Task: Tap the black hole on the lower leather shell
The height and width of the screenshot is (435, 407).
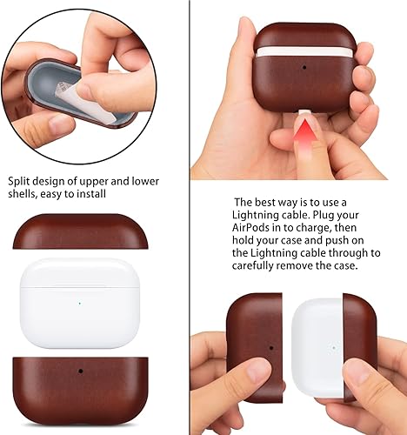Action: tap(80, 371)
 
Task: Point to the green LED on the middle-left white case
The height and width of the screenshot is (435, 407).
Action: tap(79, 303)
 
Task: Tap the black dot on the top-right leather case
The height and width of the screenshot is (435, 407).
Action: tap(304, 68)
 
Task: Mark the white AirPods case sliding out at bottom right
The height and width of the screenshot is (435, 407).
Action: tap(317, 348)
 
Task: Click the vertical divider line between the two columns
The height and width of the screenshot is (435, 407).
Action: tap(190, 217)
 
